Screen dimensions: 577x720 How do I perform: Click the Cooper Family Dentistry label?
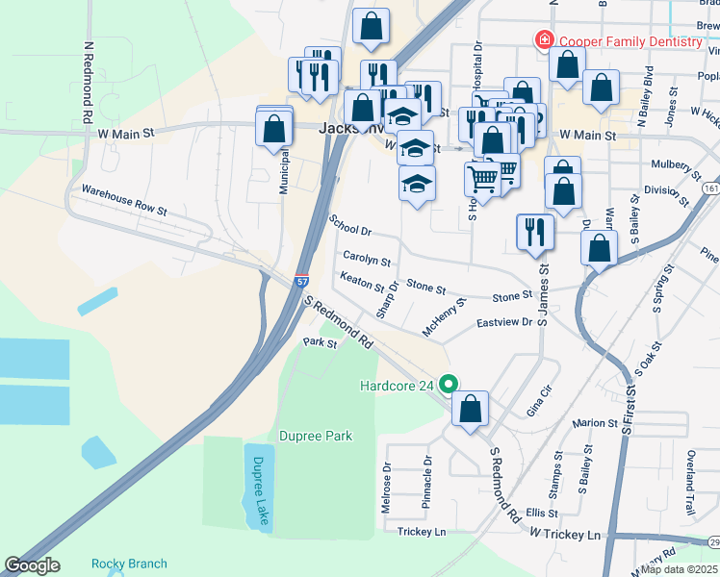pos(630,41)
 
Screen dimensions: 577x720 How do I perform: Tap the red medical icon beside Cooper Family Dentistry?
pos(544,40)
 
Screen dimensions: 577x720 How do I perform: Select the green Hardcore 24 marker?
pos(448,384)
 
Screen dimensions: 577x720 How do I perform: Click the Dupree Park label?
pos(316,436)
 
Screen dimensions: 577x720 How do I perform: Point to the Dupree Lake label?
pos(258,489)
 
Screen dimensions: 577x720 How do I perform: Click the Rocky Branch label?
pos(129,564)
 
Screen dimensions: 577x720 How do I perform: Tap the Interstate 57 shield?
pos(302,280)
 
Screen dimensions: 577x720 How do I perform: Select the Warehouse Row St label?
pos(124,199)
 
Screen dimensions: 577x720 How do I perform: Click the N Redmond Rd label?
pos(88,81)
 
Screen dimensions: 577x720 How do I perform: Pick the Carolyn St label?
pos(367,260)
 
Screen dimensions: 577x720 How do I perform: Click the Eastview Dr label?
pos(504,323)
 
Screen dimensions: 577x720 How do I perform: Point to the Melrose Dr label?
pos(387,489)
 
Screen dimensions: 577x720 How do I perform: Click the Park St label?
pos(320,342)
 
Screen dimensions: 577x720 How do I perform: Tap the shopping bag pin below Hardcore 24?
pos(470,409)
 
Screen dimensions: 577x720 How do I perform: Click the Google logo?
pos(32,565)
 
